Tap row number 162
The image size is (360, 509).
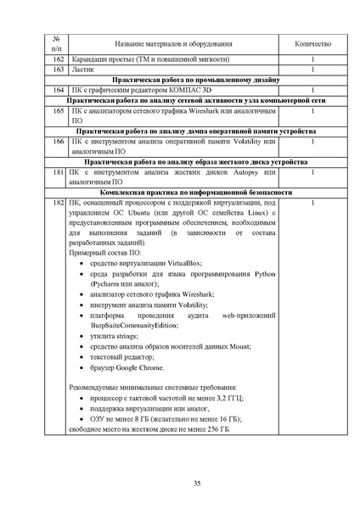[x=58, y=59]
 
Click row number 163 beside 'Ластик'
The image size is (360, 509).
[x=58, y=69]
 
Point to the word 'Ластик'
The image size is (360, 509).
[x=83, y=69]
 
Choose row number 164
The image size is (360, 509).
[x=58, y=90]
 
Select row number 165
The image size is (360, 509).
[x=58, y=111]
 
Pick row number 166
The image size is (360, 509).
[x=58, y=143]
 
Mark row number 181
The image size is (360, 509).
[x=58, y=173]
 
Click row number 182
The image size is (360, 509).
[x=58, y=204]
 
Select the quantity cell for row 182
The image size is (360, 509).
[x=313, y=204]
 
